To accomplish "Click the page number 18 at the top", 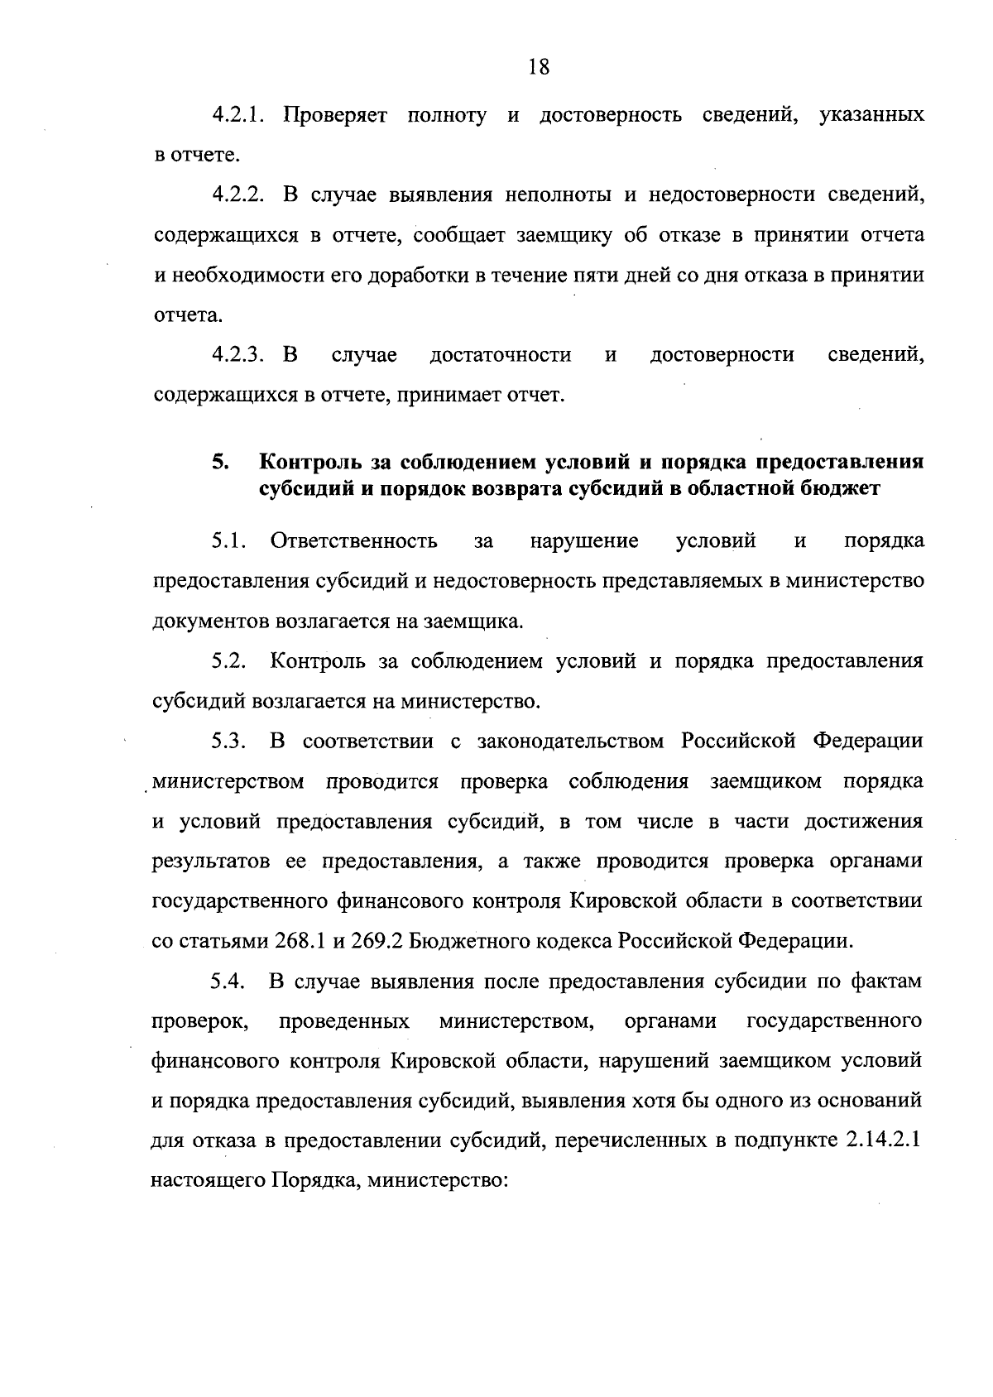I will click(x=538, y=67).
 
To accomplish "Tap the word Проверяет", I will click(x=335, y=115).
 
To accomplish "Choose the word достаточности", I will click(x=500, y=356).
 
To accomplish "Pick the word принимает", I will click(x=450, y=396).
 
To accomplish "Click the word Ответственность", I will click(x=354, y=541).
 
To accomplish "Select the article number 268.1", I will click(x=301, y=941).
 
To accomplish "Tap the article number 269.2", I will click(x=378, y=941).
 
